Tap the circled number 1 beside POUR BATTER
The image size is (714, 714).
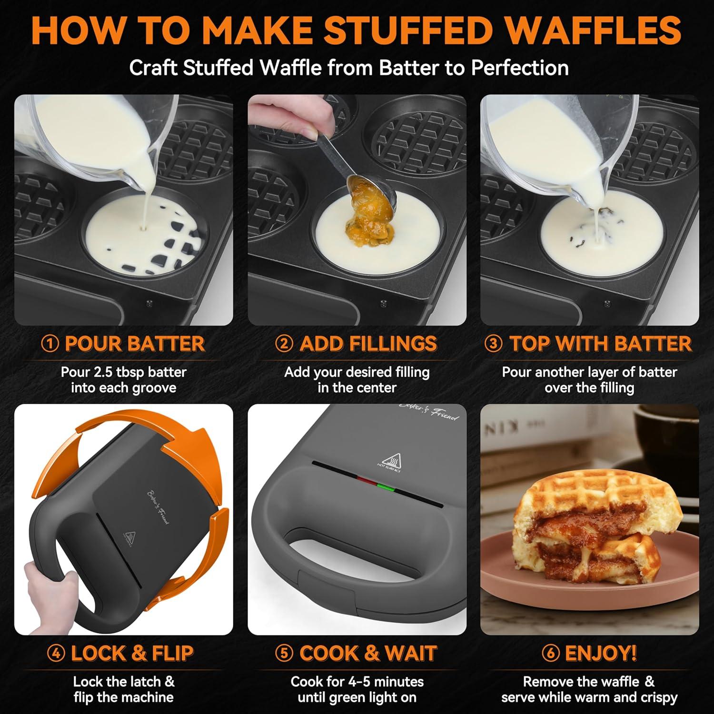[50, 344]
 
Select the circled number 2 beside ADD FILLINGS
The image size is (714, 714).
[284, 344]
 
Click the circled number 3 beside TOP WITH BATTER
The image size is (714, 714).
[493, 344]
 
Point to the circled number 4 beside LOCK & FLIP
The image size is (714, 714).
[56, 654]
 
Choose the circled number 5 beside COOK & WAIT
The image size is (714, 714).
[284, 654]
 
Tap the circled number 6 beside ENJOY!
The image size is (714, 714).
[550, 654]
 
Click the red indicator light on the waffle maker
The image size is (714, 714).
[366, 480]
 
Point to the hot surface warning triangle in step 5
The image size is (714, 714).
[390, 460]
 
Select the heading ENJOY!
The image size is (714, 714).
[601, 654]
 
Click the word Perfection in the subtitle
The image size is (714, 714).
[520, 68]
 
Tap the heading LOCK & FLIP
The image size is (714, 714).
[132, 654]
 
